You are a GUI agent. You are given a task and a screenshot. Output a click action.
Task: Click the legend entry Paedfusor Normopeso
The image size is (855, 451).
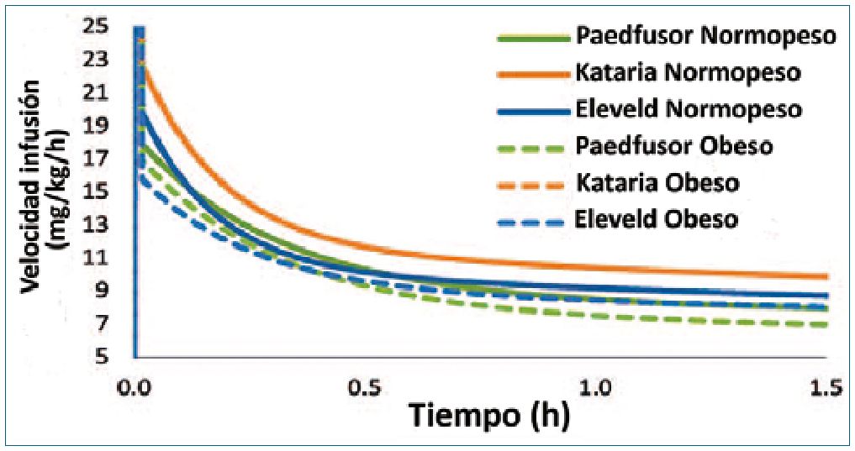pos(705,36)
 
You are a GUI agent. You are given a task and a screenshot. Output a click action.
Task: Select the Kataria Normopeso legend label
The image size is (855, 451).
pos(689,72)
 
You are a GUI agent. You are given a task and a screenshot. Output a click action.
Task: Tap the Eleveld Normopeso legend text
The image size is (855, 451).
pos(689,109)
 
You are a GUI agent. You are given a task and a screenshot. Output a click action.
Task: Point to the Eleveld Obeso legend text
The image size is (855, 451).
pos(657,219)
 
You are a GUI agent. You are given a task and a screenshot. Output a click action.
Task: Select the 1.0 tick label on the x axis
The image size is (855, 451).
pos(598,390)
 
